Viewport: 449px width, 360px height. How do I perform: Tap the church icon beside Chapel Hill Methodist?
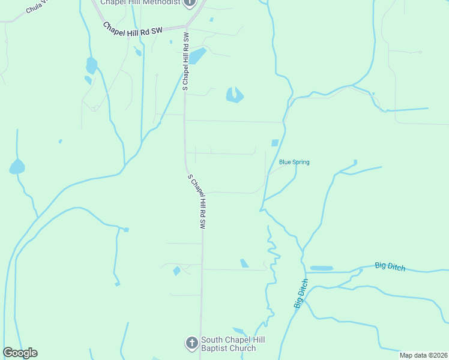pos(190,3)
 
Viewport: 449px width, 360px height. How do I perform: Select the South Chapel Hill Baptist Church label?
pos(233,344)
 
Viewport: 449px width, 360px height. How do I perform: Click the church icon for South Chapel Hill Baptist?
pos(191,343)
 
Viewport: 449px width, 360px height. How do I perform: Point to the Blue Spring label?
pos(294,162)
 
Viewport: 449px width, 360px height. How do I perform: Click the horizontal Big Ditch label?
pos(390,266)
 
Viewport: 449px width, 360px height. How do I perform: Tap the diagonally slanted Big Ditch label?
pos(301,293)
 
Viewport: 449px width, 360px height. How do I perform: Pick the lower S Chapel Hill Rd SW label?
pos(197,202)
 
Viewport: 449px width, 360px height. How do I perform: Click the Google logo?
pos(20,353)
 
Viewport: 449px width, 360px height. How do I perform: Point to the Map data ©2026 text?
pos(423,355)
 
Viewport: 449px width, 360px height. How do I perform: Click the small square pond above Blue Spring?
pos(275,143)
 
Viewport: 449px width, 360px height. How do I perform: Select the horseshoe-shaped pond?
pos(234,95)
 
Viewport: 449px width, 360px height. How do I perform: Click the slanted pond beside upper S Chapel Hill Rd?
pos(197,56)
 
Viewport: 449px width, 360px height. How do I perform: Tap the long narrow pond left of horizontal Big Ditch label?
pos(321,268)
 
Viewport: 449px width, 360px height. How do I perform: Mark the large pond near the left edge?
pos(17,167)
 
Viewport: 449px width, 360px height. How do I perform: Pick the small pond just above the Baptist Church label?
pos(239,331)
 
